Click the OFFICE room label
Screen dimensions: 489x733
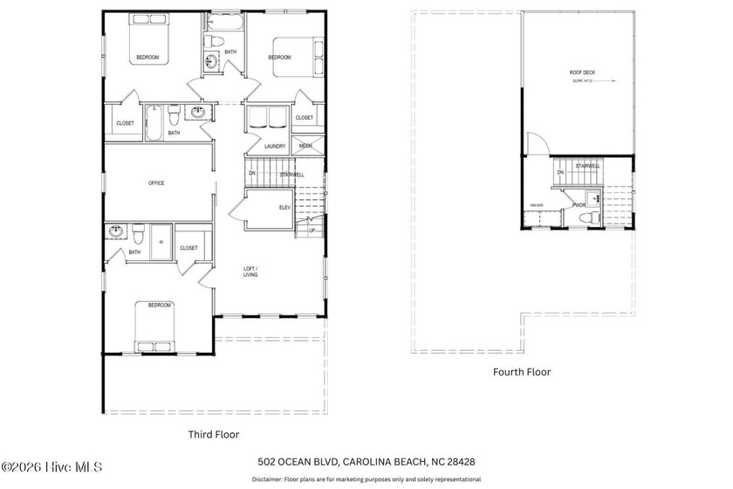pyautogui.click(x=156, y=183)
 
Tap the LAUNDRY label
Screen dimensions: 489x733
pyautogui.click(x=275, y=146)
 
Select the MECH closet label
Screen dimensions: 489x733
pyautogui.click(x=305, y=146)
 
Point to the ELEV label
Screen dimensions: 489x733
pyautogui.click(x=284, y=207)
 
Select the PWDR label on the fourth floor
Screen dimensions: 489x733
pyautogui.click(x=579, y=205)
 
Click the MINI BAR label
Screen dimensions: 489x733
pyautogui.click(x=537, y=206)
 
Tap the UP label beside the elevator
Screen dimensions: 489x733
pyautogui.click(x=312, y=231)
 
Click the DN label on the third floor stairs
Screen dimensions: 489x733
pyautogui.click(x=252, y=173)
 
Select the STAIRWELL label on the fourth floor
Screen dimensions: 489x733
pyautogui.click(x=587, y=165)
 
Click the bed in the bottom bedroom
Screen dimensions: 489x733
pyautogui.click(x=159, y=327)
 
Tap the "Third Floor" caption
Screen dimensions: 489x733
pyautogui.click(x=214, y=433)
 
